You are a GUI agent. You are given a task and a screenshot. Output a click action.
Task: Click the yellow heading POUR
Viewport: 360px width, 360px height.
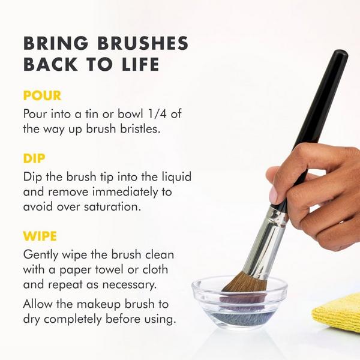(x=42, y=96)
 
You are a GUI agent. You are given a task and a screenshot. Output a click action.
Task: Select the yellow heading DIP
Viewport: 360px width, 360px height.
(x=35, y=160)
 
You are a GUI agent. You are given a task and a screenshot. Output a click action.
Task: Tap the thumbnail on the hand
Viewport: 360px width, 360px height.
(x=273, y=193)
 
